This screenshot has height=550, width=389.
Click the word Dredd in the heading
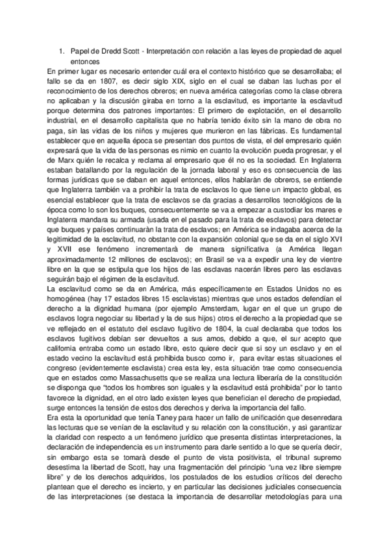click(x=109, y=51)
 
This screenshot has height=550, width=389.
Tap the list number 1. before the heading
click(x=61, y=51)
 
